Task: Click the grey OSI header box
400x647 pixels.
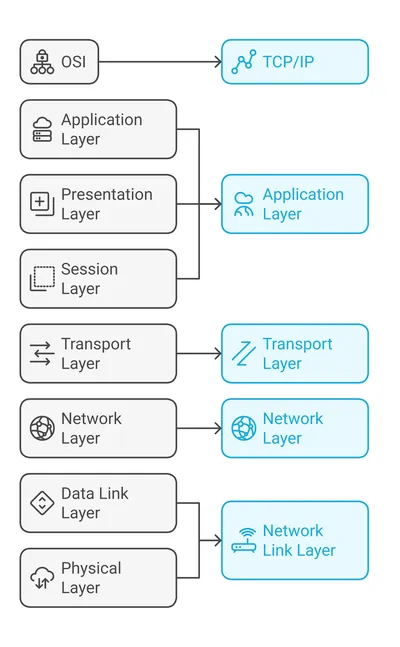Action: pos(59,62)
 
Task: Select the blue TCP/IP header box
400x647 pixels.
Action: pos(295,62)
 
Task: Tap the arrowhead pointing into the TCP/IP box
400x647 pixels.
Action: pos(219,62)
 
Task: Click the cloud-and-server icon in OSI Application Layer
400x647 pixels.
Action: pos(42,129)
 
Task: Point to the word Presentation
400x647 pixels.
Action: pos(107,194)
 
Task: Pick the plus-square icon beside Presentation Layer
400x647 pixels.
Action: pos(42,204)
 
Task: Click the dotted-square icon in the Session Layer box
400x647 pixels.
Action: pos(42,279)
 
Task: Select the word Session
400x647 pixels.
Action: pos(90,269)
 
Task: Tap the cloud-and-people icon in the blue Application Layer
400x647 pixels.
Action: pos(244,204)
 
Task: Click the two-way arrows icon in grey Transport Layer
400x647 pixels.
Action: pos(42,354)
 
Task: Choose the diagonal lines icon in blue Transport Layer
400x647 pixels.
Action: pos(244,354)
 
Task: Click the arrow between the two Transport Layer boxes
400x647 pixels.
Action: pos(199,354)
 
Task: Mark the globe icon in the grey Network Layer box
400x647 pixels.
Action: pos(42,428)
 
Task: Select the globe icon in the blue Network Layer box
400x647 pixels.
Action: pos(244,428)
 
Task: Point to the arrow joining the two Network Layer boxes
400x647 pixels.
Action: pos(199,428)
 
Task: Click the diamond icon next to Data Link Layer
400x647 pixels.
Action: pos(42,503)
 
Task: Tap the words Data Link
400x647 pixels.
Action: pos(95,494)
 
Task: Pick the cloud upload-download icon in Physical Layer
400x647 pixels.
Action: pos(42,578)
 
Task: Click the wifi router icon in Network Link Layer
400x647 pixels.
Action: pos(244,541)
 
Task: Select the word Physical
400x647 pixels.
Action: pos(91,568)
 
